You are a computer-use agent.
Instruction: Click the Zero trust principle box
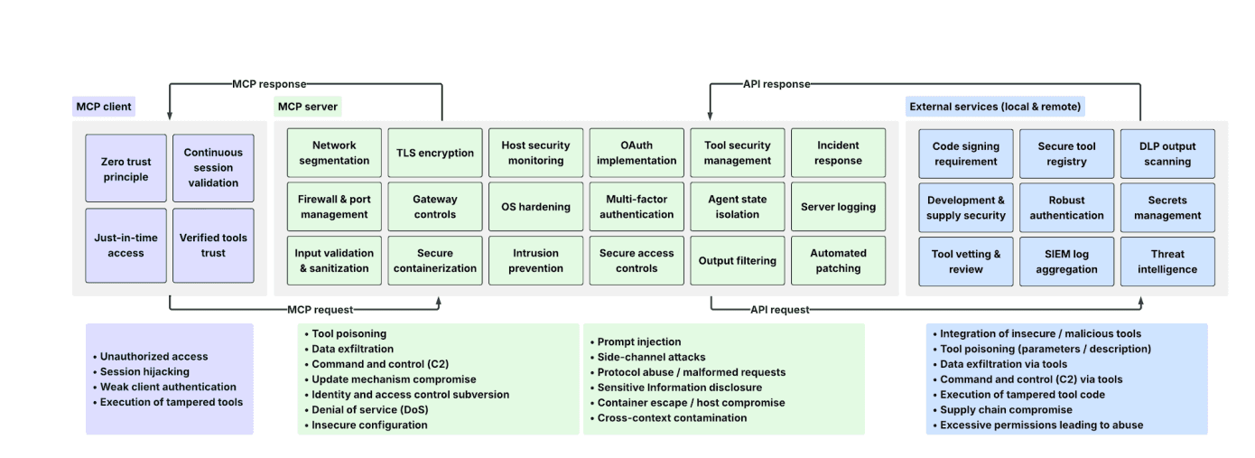point(125,169)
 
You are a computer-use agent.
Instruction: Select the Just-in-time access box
point(125,246)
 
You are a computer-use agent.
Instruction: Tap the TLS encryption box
point(435,153)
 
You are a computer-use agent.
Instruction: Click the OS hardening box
point(535,207)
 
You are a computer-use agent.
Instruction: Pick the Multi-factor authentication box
point(637,207)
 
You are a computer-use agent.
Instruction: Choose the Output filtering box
point(737,261)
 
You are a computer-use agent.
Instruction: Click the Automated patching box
point(838,261)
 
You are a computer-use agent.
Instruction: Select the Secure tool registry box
point(1066,154)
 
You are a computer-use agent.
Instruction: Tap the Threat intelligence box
point(1167,262)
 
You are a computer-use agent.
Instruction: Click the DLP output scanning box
point(1167,154)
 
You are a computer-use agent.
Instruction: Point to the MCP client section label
point(104,107)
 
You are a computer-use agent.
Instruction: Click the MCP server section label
point(308,107)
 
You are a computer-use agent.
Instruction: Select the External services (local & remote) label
point(994,107)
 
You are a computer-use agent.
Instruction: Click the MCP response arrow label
point(268,84)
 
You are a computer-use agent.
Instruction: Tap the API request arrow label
point(779,310)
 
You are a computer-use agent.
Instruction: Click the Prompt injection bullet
point(639,342)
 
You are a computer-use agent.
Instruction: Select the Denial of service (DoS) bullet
point(369,409)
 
